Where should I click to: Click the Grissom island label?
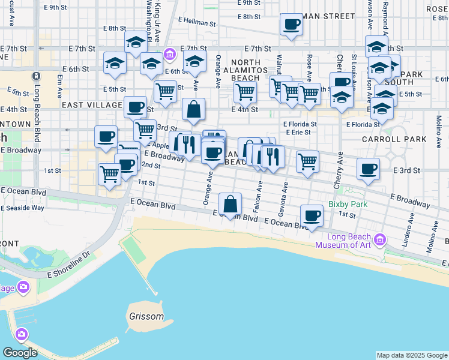pyautogui.click(x=146, y=316)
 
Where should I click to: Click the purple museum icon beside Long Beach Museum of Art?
pyautogui.click(x=379, y=241)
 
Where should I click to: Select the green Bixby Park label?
pyautogui.click(x=348, y=203)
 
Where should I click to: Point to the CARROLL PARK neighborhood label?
pyautogui.click(x=394, y=139)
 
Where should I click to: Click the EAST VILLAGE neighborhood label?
pyautogui.click(x=92, y=104)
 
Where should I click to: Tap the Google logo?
pyautogui.click(x=20, y=352)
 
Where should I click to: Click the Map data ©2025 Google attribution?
pyautogui.click(x=411, y=355)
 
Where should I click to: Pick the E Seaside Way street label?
pyautogui.click(x=22, y=208)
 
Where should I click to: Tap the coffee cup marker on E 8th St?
pyautogui.click(x=292, y=25)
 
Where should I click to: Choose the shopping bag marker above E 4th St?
pyautogui.click(x=193, y=110)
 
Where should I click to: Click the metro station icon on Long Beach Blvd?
pyautogui.click(x=36, y=76)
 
